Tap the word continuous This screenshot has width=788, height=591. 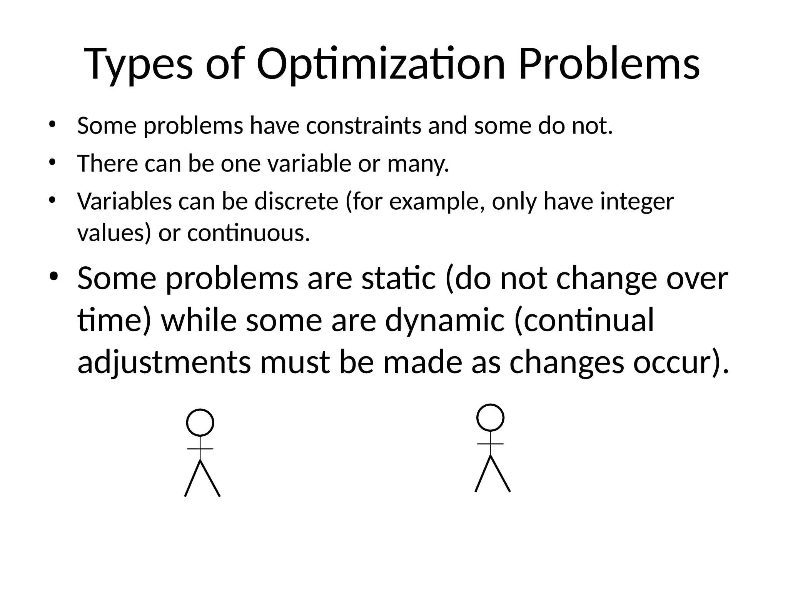pos(249,233)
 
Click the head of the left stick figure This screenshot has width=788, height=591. pos(200,422)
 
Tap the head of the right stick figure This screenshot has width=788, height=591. pos(490,417)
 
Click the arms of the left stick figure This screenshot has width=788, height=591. pos(200,449)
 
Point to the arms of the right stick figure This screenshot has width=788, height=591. pos(490,444)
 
